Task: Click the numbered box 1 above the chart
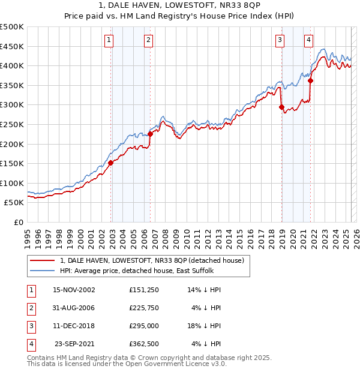point(109,40)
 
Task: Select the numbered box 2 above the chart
point(148,40)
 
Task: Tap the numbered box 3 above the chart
point(280,40)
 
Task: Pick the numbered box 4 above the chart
point(308,40)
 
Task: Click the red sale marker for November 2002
point(111,162)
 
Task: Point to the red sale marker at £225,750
point(151,134)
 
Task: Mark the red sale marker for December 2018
point(281,107)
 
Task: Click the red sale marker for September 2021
point(311,80)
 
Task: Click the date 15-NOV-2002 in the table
point(74,290)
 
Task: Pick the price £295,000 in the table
point(143,326)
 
